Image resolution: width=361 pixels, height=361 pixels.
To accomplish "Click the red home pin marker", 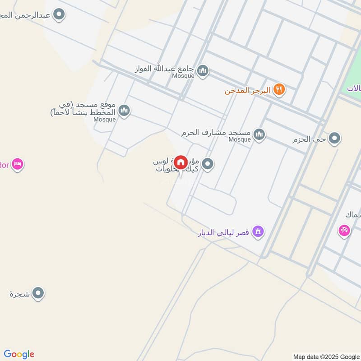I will coord(181,162).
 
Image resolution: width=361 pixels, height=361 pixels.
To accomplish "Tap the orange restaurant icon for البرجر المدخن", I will coord(280,89).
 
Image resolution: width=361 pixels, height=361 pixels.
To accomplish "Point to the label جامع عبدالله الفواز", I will coord(164,69).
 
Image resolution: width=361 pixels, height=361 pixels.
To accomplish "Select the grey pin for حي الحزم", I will coord(334,139).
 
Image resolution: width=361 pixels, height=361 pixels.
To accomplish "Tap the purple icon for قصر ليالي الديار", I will coord(258,231).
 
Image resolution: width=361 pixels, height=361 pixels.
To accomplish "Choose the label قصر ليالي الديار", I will coord(224,233).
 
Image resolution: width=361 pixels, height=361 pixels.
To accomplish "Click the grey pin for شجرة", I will coord(38,294).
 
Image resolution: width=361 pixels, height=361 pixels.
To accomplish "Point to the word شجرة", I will coord(19,294).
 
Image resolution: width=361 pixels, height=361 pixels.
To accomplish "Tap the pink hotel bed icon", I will coord(18,164).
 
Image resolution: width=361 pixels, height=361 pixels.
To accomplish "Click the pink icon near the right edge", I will coord(344,231).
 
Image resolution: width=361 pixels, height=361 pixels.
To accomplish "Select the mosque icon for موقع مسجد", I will coord(125,110).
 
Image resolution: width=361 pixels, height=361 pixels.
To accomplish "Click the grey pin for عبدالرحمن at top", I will coord(59,15).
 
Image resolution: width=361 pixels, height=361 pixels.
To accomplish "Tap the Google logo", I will coord(19,354).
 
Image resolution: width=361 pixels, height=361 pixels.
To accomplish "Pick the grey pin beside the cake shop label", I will coord(208,164).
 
